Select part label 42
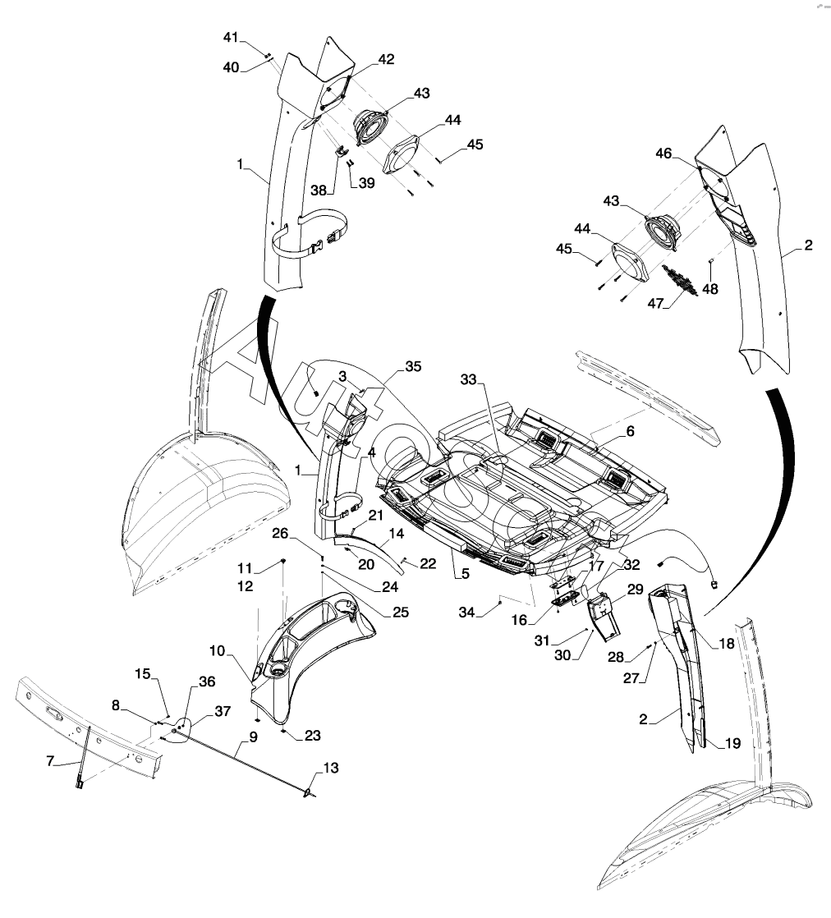386,59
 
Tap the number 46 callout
664,154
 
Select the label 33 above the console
467,380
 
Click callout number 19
732,743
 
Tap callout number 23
313,735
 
